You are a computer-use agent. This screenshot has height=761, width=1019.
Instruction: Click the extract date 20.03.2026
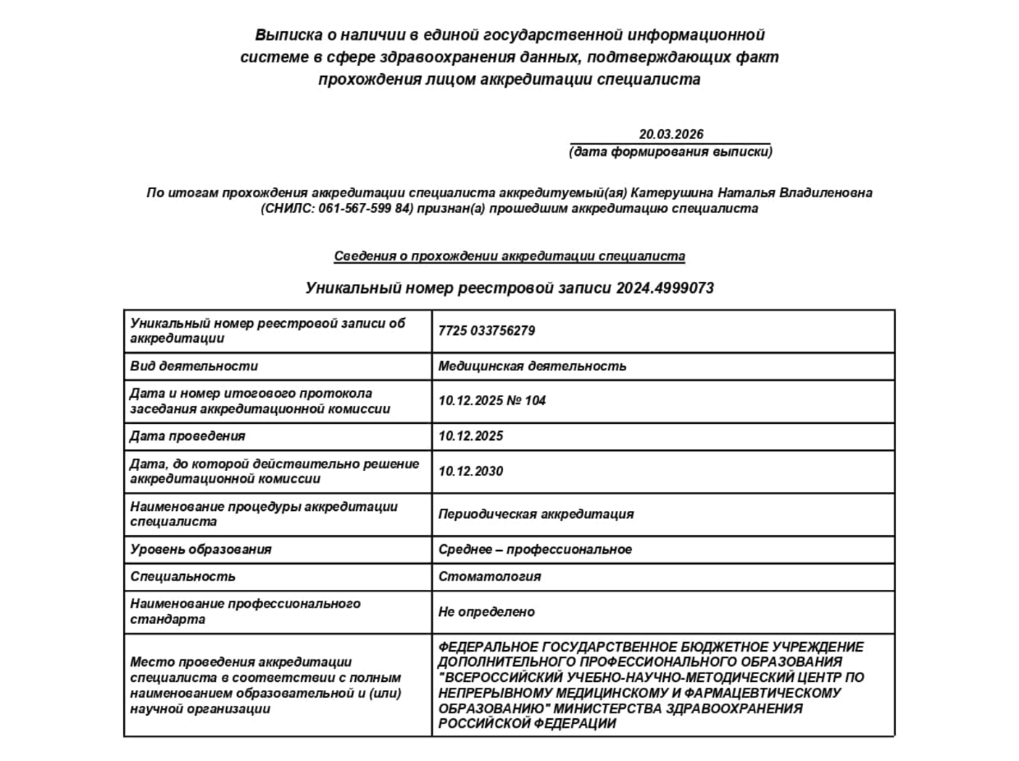point(671,135)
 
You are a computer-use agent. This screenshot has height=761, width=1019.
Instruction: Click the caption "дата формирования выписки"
point(671,152)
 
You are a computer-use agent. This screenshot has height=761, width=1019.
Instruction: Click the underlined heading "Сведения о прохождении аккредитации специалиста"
point(509,256)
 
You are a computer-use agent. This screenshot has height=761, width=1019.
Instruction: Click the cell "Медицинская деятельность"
point(532,367)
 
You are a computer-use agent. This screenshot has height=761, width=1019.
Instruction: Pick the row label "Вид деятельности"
point(194,367)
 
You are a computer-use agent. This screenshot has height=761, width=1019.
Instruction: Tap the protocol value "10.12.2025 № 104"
point(491,401)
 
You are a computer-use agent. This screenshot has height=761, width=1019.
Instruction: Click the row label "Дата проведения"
point(187,436)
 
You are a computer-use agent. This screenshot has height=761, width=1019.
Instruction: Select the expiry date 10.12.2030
point(470,472)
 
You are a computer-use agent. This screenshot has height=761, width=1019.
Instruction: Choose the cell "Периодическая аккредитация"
point(536,514)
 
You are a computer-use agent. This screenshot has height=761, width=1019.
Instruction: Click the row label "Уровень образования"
point(201,550)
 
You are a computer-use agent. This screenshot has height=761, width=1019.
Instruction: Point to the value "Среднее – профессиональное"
point(535,550)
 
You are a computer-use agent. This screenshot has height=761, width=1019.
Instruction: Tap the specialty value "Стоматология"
point(489,577)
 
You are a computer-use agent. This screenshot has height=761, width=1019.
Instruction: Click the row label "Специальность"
point(182,577)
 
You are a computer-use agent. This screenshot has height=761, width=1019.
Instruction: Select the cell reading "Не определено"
point(486,612)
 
